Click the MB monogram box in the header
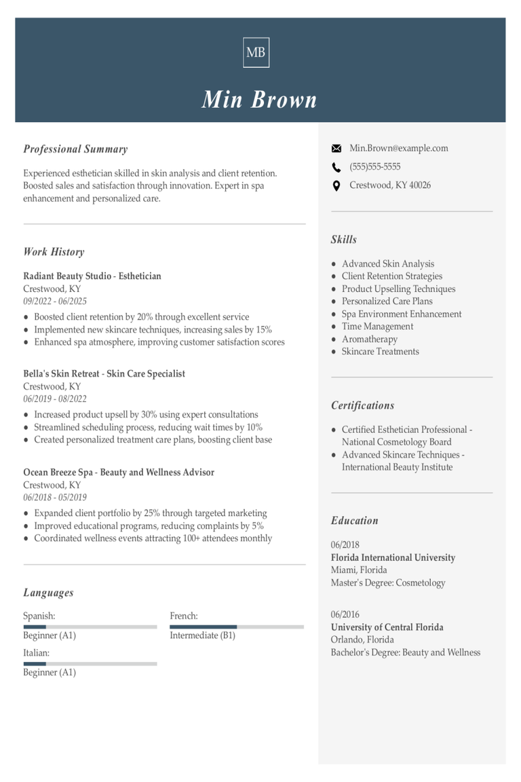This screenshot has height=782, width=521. point(256,52)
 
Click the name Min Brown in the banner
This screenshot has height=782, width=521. point(259,99)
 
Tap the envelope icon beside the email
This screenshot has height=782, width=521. point(336,149)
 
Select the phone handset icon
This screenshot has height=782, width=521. point(336,167)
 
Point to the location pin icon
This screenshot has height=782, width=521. point(336,185)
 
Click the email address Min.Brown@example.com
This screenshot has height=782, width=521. point(398,148)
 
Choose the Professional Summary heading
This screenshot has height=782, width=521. point(75,149)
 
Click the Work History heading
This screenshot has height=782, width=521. point(54,252)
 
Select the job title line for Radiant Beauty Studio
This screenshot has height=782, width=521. point(92,276)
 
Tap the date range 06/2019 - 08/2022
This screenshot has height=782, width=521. point(55,399)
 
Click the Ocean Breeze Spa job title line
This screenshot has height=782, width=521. point(119,472)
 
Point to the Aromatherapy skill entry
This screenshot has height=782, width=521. point(370,339)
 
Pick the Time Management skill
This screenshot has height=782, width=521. point(377,327)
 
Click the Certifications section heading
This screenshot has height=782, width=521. point(362,405)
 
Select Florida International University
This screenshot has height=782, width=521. point(393,557)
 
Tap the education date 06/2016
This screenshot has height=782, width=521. point(345,614)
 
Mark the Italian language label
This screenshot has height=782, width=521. point(37,653)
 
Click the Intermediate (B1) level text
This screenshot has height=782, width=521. point(202,635)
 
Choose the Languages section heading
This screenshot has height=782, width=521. point(48,593)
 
